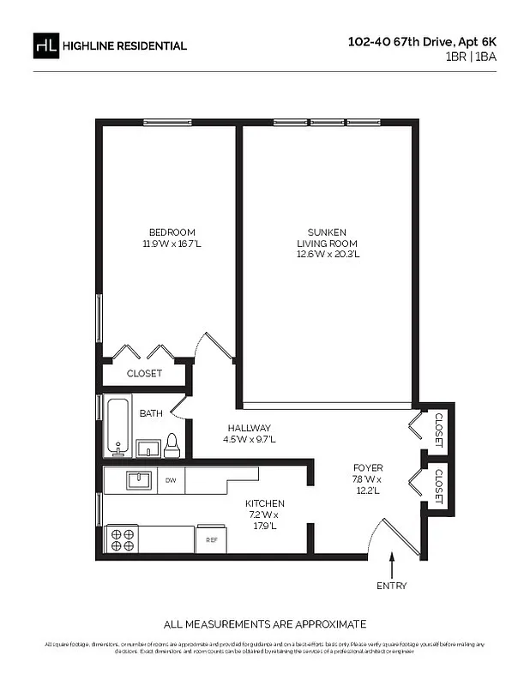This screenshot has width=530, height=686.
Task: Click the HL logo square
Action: pyautogui.click(x=46, y=45)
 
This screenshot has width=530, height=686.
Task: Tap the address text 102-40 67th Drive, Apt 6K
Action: pyautogui.click(x=421, y=40)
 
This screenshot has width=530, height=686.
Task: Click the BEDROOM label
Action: pyautogui.click(x=172, y=232)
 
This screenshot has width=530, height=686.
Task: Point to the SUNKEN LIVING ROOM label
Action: pyautogui.click(x=328, y=238)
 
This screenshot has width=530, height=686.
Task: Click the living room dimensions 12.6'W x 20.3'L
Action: pyautogui.click(x=328, y=254)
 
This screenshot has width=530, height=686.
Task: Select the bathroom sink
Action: pyautogui.click(x=148, y=448)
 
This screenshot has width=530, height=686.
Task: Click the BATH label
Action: pyautogui.click(x=151, y=413)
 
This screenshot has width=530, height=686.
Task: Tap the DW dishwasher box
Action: pyautogui.click(x=171, y=481)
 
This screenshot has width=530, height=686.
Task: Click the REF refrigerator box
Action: pyautogui.click(x=210, y=540)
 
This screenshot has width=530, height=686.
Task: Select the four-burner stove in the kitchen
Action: pyautogui.click(x=122, y=539)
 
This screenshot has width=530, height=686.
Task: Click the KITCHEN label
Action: pyautogui.click(x=264, y=503)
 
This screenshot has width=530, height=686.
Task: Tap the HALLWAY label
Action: pyautogui.click(x=249, y=428)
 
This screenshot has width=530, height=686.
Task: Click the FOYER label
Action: pyautogui.click(x=366, y=467)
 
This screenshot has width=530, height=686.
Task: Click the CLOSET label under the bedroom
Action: pyautogui.click(x=144, y=374)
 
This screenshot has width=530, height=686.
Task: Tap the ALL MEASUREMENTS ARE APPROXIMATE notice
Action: pyautogui.click(x=265, y=623)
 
